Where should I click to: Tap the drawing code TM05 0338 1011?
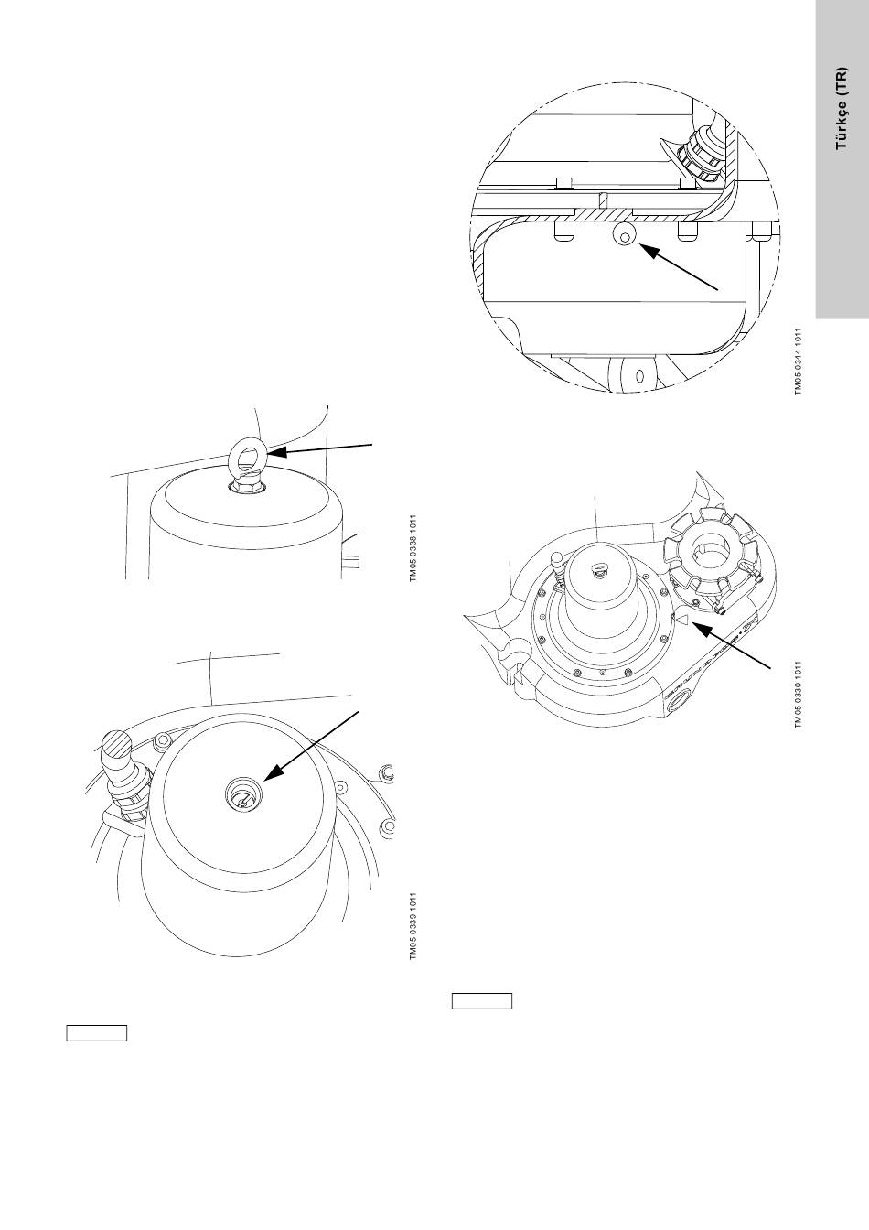(x=413, y=546)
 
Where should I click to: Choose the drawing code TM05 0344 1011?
(x=798, y=361)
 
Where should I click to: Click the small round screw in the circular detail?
(x=623, y=238)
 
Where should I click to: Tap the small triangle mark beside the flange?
(x=680, y=620)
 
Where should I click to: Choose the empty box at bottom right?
(x=482, y=1000)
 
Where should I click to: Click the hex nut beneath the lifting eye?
(x=245, y=488)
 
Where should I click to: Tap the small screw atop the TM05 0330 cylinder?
(x=596, y=571)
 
